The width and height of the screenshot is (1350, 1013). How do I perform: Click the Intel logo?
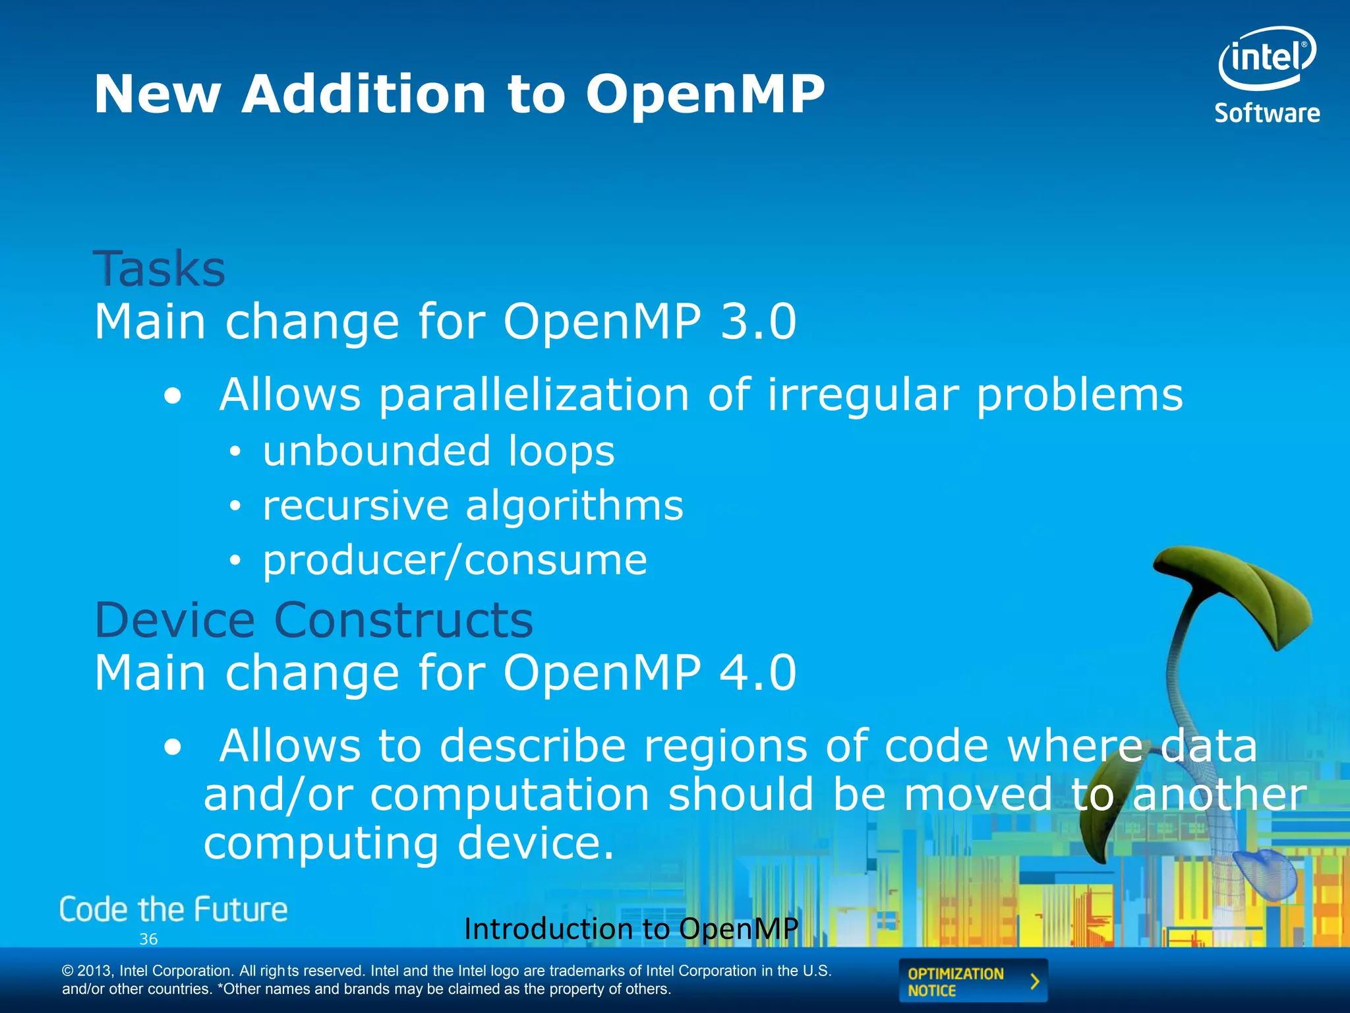click(1266, 58)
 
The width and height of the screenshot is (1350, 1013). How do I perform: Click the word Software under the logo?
click(1267, 113)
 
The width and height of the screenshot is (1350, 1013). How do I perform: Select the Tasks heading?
click(160, 269)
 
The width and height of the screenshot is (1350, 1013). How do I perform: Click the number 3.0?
click(758, 322)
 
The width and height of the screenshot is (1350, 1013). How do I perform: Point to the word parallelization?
click(535, 395)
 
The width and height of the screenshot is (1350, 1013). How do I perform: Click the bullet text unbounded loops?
click(438, 451)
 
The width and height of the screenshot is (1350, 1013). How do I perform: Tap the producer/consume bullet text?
click(455, 561)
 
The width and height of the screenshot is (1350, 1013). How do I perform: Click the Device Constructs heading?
click(314, 621)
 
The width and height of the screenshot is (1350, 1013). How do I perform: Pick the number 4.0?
click(758, 673)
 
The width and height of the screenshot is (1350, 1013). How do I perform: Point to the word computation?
click(510, 795)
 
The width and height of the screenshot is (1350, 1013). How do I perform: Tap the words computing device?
click(409, 844)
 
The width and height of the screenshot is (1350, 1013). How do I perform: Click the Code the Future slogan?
click(173, 909)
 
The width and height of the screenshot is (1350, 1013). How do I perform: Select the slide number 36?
click(148, 939)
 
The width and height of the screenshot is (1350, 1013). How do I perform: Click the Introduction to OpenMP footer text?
click(631, 929)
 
